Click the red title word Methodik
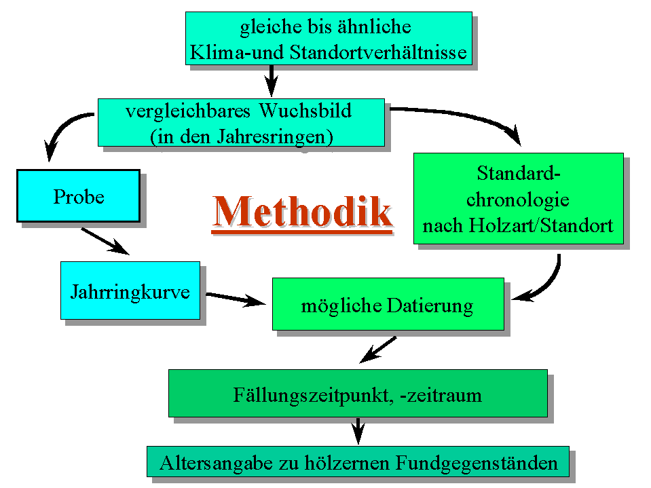click(x=302, y=212)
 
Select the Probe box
click(x=79, y=195)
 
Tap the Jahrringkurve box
click(x=130, y=290)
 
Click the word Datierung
click(x=430, y=306)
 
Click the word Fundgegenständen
click(x=477, y=463)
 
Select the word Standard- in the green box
click(x=519, y=173)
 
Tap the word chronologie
click(x=518, y=200)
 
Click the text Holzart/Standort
click(x=541, y=226)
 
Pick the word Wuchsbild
click(x=305, y=111)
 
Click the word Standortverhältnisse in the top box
click(x=378, y=53)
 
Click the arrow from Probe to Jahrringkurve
click(x=105, y=241)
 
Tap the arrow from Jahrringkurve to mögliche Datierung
click(x=236, y=299)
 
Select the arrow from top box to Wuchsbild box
click(x=271, y=81)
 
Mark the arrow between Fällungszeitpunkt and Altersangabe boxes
click(x=358, y=431)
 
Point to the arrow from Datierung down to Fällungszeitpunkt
click(x=378, y=350)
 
